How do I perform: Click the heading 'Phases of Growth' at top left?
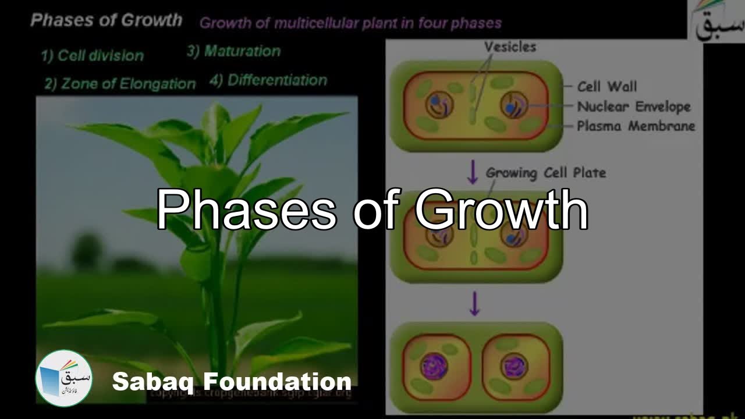(106, 20)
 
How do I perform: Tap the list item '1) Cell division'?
(92, 56)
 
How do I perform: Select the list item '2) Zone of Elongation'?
(120, 84)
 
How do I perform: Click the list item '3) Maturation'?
(233, 51)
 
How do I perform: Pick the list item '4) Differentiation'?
(268, 80)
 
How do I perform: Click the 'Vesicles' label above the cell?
(510, 47)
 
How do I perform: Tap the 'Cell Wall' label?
(606, 87)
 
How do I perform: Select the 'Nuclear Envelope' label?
(633, 106)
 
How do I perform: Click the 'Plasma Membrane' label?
(636, 126)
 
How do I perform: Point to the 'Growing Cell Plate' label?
(545, 173)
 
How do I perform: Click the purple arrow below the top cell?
(473, 172)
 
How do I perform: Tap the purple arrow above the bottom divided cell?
(474, 303)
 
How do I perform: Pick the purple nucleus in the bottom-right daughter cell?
(514, 367)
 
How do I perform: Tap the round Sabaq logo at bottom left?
(64, 378)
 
